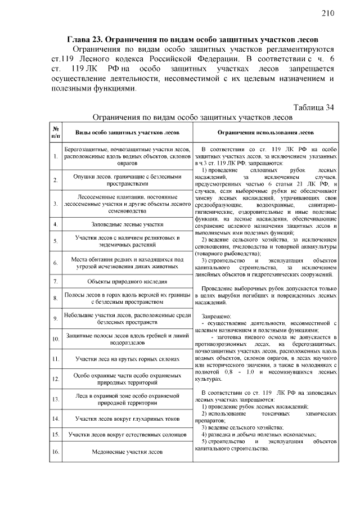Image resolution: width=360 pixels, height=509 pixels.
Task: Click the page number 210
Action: click(329, 13)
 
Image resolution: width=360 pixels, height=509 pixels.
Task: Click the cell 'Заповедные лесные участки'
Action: click(128, 224)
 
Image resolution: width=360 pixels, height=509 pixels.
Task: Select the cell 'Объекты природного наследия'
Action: click(128, 281)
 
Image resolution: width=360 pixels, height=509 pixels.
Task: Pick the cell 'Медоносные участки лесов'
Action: click(128, 451)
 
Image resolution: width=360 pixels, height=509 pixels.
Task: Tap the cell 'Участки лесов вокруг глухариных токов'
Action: click(128, 418)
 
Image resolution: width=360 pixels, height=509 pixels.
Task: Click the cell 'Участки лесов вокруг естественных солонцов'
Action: click(128, 435)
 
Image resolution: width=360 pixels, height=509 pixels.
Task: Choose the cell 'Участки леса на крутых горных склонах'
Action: click(128, 359)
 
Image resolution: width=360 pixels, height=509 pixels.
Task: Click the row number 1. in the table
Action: click(56, 156)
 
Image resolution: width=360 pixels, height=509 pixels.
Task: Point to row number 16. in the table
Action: click(56, 451)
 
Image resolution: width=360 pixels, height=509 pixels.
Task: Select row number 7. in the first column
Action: click(56, 281)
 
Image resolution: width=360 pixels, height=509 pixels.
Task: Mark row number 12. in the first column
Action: click(56, 379)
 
